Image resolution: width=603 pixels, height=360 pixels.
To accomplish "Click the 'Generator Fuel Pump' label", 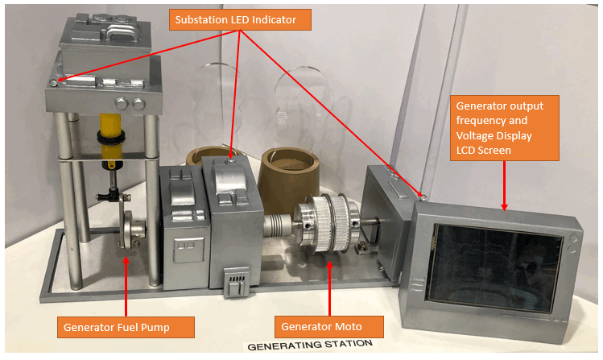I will coord(127,327).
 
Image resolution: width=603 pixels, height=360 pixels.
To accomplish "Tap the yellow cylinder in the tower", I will coord(109,132).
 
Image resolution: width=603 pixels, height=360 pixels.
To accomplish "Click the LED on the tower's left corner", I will coord(54,83).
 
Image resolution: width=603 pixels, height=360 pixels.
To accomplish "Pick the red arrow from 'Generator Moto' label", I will coord(329,281).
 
